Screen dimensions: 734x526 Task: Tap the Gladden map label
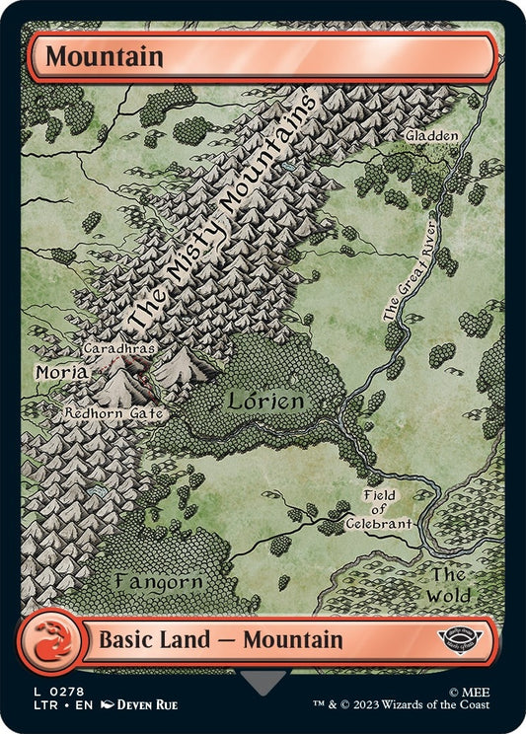pos(431,136)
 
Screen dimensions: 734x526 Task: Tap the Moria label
pos(62,374)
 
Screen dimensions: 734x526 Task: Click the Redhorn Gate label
pos(111,414)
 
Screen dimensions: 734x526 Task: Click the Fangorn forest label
pos(159,581)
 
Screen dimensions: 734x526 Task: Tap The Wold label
pos(448,585)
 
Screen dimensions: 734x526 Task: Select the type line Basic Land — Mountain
pos(220,640)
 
